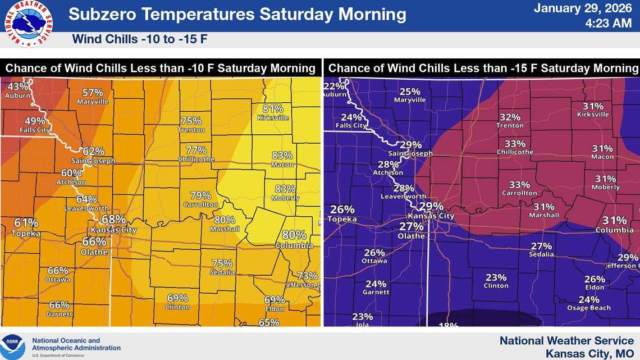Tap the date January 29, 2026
(583, 8)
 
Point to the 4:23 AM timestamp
(609, 24)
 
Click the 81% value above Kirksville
(273, 109)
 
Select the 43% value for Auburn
(17, 86)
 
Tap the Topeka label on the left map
(26, 233)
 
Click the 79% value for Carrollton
(200, 195)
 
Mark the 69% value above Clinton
(177, 298)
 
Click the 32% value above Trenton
(510, 117)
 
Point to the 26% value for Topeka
(342, 209)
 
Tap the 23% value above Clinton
(496, 277)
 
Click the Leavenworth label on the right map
(404, 197)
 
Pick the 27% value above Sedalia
(542, 246)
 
